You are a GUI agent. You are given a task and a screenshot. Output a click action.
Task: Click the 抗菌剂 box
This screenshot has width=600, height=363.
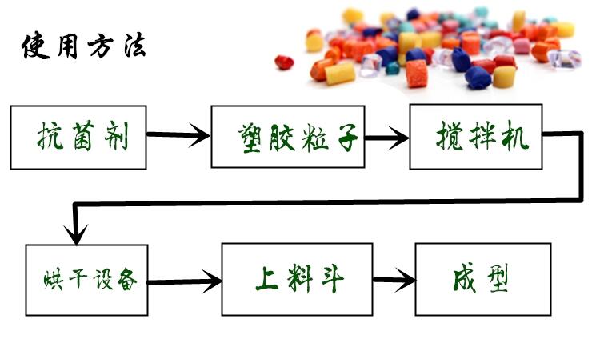pos(78,137)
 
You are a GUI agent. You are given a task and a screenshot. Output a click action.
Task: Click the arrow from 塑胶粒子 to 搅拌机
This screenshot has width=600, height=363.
pos(386,138)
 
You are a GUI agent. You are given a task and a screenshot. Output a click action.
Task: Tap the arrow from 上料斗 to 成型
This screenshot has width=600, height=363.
pos(395,281)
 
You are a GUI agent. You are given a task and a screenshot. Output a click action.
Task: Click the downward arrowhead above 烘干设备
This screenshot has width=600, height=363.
pos(76,233)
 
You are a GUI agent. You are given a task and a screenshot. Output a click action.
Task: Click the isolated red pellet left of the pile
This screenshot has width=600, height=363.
pos(284,62)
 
